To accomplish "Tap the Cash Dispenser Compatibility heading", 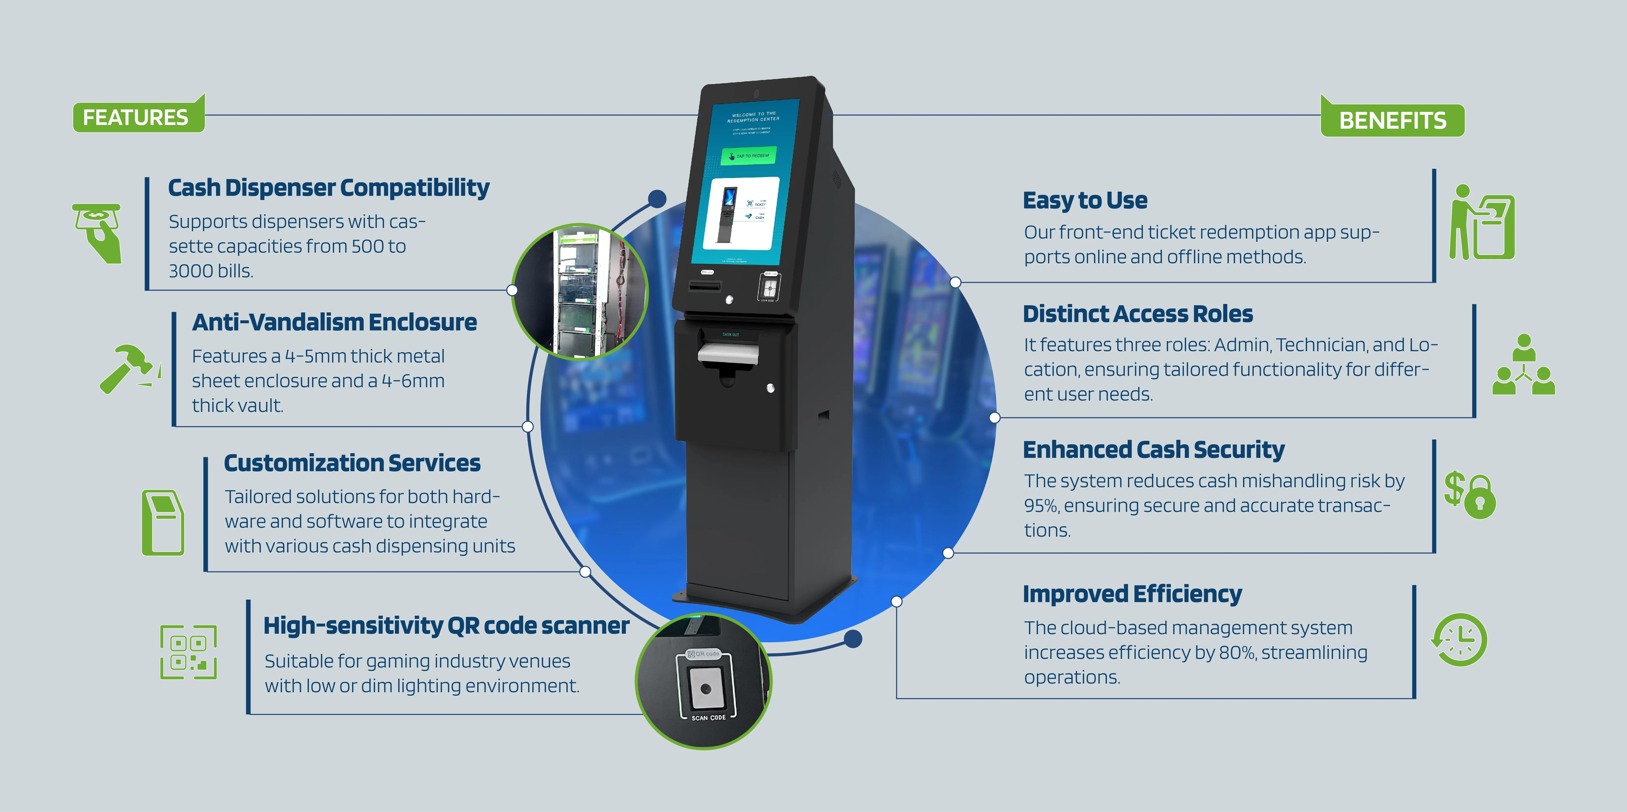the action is (328, 188).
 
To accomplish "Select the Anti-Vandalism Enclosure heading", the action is (334, 322).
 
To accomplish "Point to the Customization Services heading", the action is (352, 463).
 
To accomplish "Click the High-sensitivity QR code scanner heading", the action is (446, 626).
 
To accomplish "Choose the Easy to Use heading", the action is (1084, 200).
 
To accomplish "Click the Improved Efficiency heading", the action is (1132, 594).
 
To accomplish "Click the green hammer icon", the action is (128, 368).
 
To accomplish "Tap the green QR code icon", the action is (188, 652).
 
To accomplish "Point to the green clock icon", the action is (1459, 639).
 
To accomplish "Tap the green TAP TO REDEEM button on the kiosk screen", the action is (749, 155).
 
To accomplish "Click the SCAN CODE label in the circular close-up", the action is (708, 718).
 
